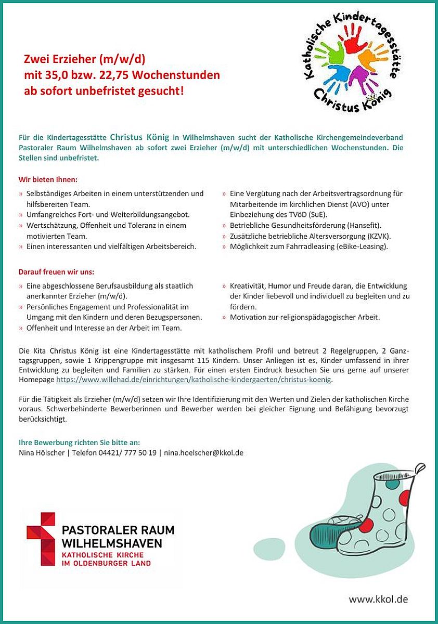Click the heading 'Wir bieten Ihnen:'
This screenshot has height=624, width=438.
pos(48,180)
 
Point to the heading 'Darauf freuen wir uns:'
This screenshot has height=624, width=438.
pos(56,272)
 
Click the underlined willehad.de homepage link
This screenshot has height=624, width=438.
pos(194,380)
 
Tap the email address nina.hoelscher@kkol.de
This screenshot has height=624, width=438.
pos(204,453)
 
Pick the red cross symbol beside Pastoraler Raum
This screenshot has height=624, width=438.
pos(41,539)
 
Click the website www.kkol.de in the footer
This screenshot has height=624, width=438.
pos(378,599)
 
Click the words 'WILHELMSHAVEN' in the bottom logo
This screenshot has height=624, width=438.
pos(112,543)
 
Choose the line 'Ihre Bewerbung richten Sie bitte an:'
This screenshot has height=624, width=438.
pos(79,443)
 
